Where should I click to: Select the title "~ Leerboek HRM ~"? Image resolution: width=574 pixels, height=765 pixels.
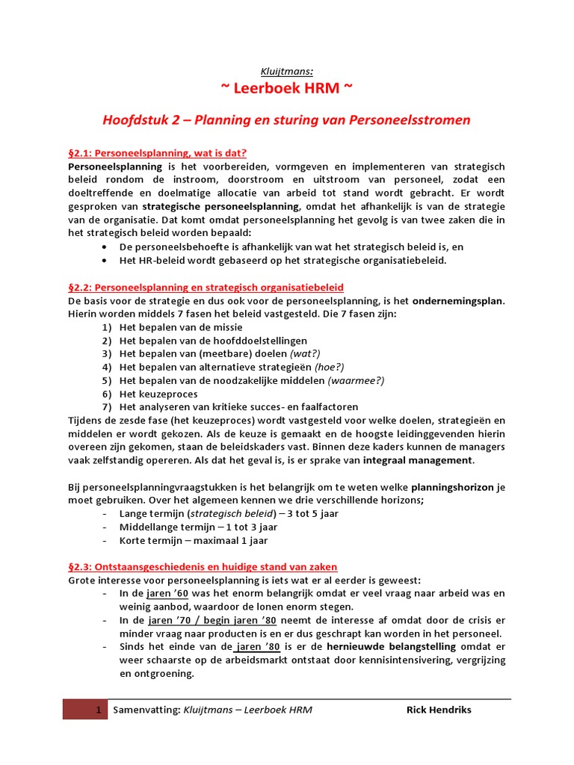(x=286, y=89)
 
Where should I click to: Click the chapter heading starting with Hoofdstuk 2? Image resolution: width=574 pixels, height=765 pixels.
(x=286, y=120)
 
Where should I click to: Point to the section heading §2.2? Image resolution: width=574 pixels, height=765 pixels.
(x=206, y=287)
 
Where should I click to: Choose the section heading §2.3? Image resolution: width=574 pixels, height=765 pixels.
(x=203, y=567)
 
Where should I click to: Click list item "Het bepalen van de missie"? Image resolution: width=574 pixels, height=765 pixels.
(x=181, y=327)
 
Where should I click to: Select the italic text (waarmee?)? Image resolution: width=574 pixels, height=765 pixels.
(x=356, y=380)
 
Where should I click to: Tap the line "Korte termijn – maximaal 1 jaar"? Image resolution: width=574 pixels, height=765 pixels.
(x=193, y=540)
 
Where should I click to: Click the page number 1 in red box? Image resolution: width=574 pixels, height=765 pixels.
(x=97, y=710)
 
